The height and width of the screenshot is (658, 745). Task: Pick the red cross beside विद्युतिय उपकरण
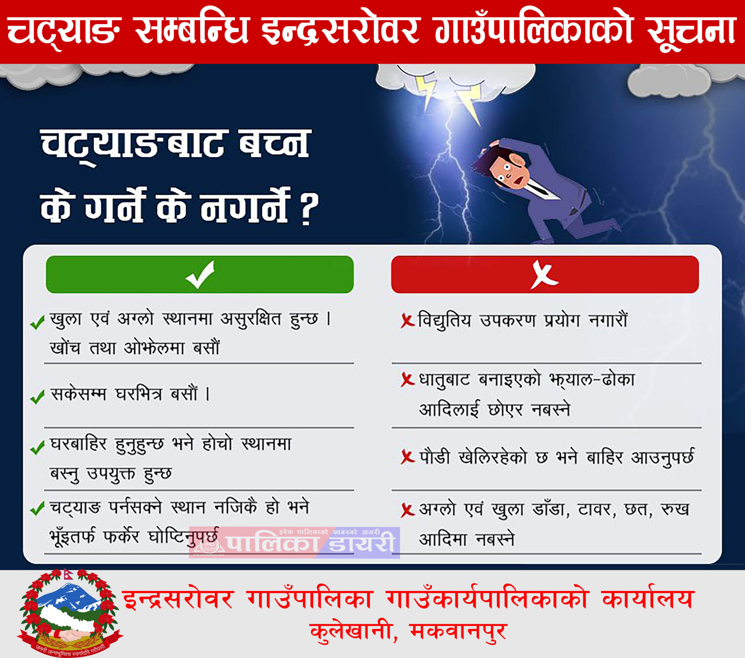point(407,321)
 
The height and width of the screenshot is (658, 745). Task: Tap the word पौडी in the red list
point(434,457)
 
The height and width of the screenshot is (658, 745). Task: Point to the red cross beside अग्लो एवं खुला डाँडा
point(407,510)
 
